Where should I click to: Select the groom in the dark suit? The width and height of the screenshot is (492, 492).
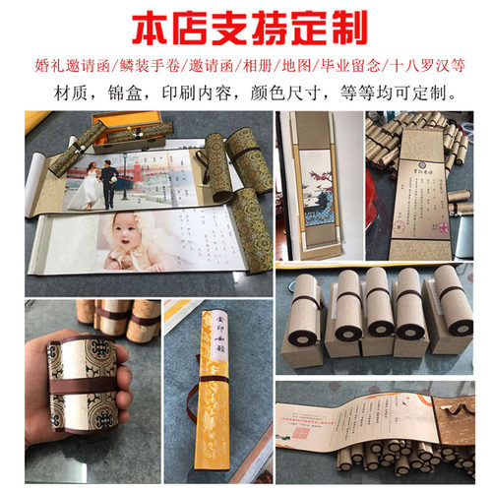point(109,172)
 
